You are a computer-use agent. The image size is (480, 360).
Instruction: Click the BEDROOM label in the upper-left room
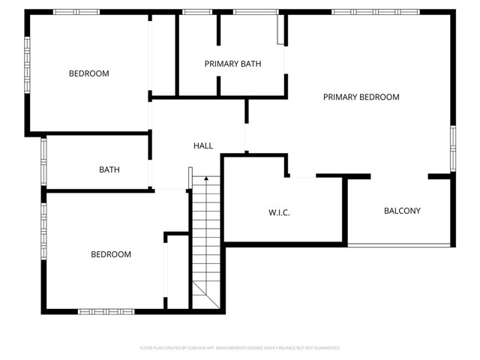88,73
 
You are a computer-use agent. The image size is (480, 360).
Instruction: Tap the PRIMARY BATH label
232,64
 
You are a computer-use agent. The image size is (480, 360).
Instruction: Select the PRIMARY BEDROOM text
361,97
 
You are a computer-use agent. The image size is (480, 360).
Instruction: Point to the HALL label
202,145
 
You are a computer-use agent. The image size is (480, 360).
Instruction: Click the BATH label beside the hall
109,169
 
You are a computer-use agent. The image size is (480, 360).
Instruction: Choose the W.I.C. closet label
279,213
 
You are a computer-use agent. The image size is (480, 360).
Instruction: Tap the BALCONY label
402,211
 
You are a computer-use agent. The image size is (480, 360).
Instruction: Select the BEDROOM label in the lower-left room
111,254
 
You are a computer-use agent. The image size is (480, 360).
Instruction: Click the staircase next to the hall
205,240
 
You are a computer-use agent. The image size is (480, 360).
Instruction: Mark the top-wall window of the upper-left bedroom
76,12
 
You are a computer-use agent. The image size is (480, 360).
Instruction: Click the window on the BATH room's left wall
43,161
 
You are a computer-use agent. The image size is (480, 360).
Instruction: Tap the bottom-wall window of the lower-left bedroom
106,310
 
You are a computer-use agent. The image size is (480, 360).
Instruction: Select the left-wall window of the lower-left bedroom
43,225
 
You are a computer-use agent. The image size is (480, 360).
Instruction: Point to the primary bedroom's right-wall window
452,148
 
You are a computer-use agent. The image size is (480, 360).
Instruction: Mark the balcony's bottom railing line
399,246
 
